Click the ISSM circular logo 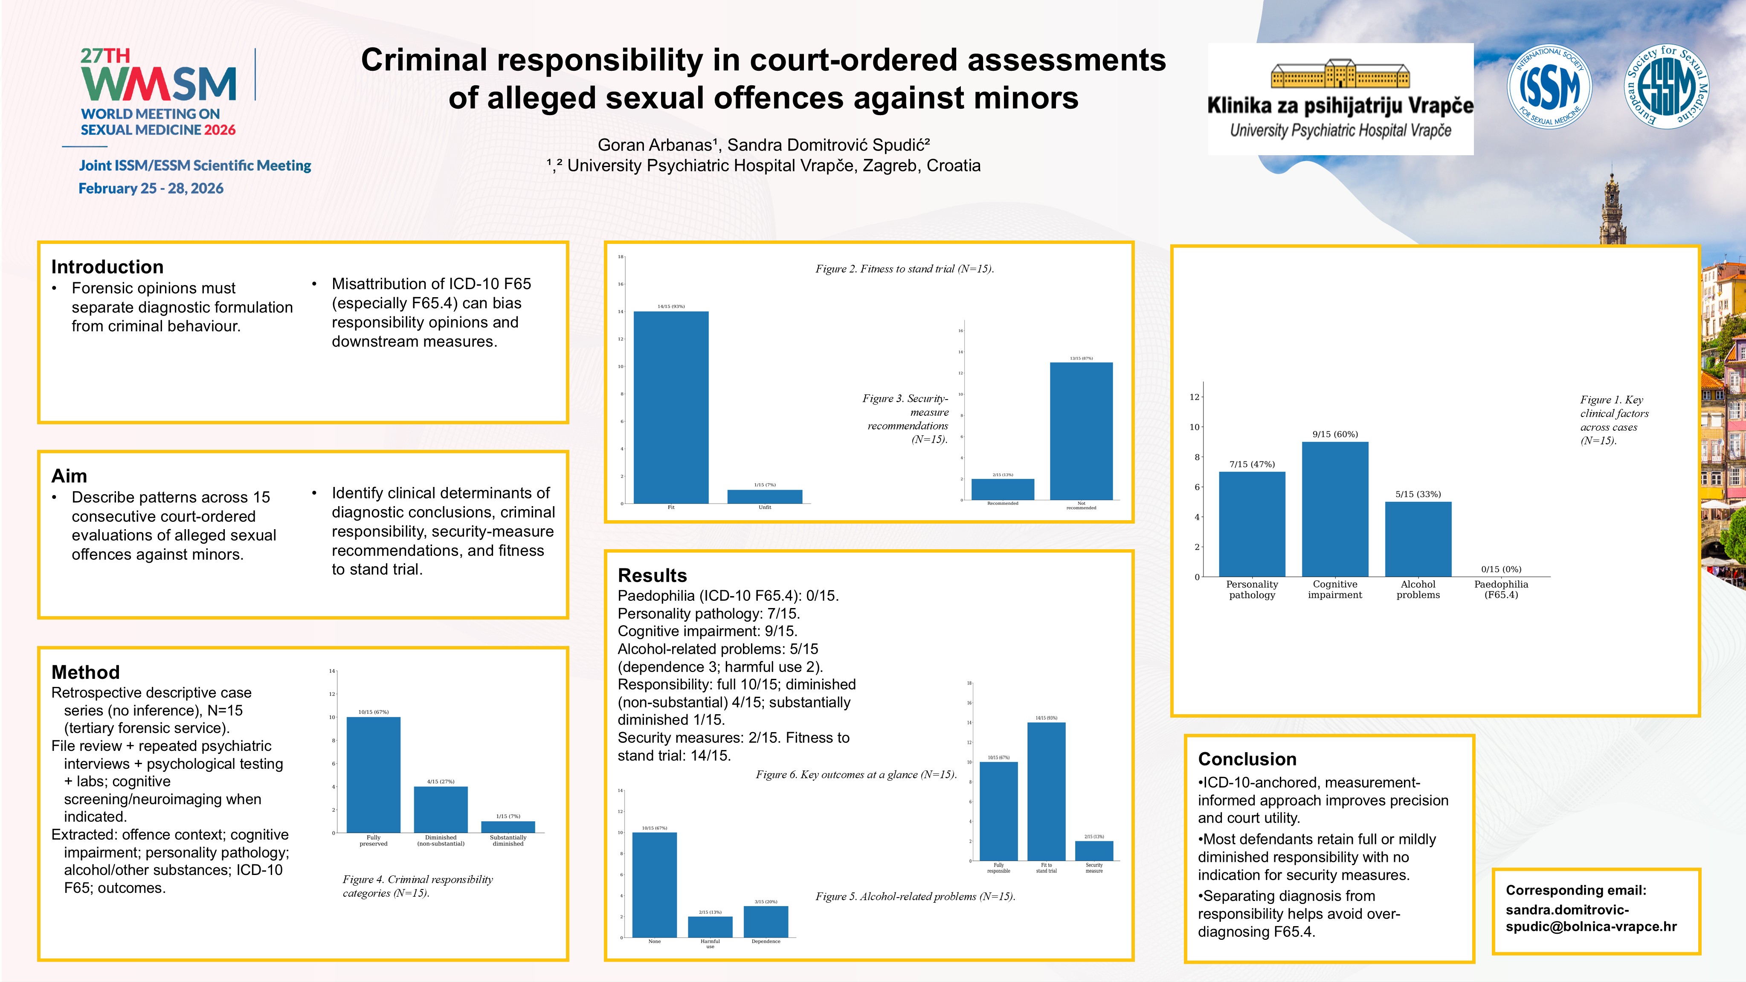coord(1549,87)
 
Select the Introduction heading coord(107,267)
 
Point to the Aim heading coord(69,476)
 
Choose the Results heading coord(652,575)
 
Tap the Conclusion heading coord(1247,759)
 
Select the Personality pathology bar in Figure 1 coord(1252,524)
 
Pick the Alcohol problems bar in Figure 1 coord(1418,539)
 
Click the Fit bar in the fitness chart coord(671,407)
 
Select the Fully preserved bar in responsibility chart coord(374,775)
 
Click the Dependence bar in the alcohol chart coord(766,922)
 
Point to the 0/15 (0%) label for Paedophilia coord(1501,569)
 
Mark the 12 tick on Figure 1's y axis coord(1194,397)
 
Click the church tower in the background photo coord(1613,210)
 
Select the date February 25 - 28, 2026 coord(151,188)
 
